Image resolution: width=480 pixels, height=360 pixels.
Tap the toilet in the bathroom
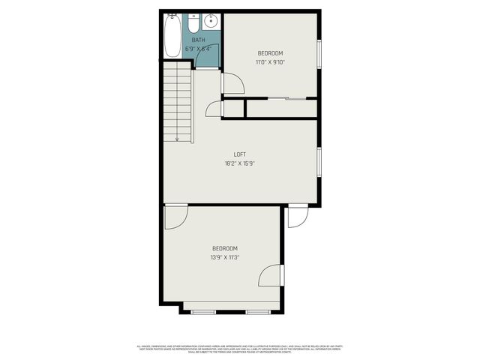pos(193,21)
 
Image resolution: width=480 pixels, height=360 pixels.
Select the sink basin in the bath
pos(211,21)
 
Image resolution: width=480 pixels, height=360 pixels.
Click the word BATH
pos(198,40)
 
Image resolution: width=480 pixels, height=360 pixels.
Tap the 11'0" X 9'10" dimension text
pos(270,62)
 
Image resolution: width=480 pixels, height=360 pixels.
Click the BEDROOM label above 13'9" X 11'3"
pos(224,248)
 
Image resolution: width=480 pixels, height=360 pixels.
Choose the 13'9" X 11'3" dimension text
pos(224,257)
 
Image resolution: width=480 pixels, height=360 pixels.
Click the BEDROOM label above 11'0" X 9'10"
pos(270,52)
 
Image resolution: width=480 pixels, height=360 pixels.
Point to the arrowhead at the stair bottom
pos(177,139)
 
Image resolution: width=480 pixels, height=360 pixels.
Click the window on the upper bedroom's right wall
pos(319,54)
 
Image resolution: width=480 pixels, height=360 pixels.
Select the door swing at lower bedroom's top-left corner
pos(175,217)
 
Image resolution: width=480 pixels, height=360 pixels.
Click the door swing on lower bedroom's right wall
pos(271,275)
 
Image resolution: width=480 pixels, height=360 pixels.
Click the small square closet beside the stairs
pos(233,109)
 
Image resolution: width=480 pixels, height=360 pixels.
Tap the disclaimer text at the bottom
pos(240,348)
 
